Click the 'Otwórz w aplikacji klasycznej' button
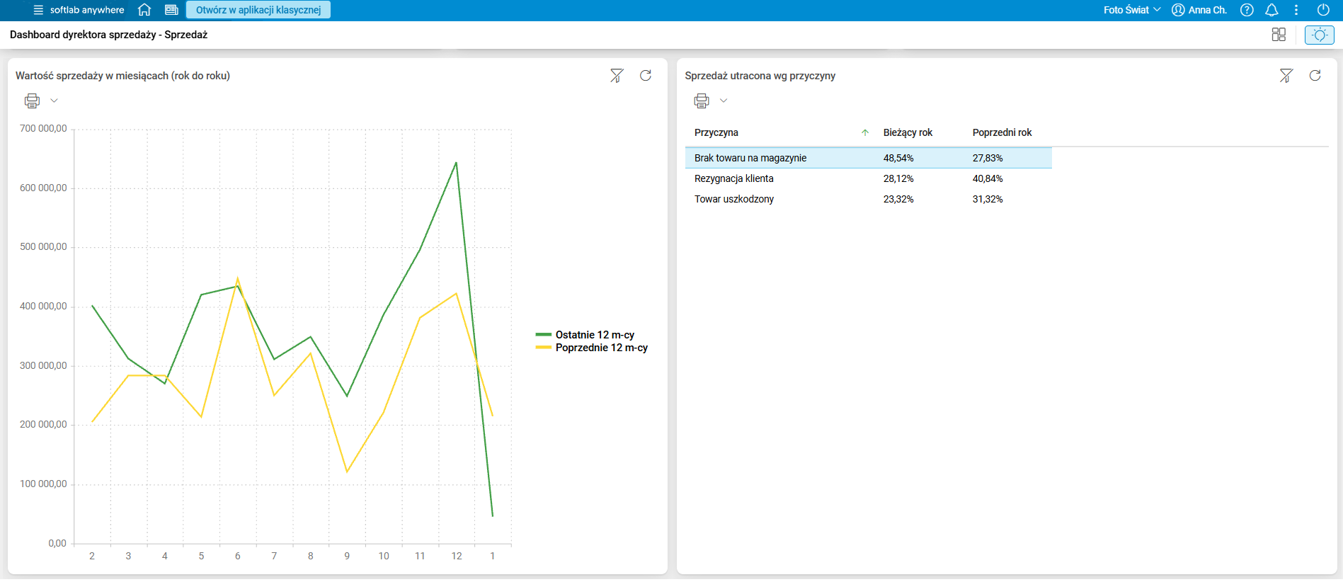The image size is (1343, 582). [x=258, y=10]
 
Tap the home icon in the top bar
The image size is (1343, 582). [x=144, y=10]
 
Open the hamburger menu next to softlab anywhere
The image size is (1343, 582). [x=38, y=10]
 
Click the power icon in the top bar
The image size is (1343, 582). [x=1322, y=10]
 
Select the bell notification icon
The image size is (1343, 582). [x=1271, y=10]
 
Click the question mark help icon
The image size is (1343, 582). [x=1247, y=10]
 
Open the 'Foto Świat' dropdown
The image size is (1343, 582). [x=1132, y=10]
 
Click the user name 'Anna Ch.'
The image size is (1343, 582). [x=1207, y=10]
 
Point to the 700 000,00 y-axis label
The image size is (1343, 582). [x=43, y=129]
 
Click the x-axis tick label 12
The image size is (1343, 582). [x=457, y=556]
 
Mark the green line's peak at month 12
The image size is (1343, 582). [x=456, y=163]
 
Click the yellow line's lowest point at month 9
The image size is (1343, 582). [x=347, y=472]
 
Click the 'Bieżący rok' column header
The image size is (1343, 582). [x=908, y=132]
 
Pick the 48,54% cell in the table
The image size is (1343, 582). [x=898, y=158]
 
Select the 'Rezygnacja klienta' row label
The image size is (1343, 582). [x=733, y=178]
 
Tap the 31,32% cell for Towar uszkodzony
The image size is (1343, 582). [x=988, y=199]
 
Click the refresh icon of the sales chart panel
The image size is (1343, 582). [x=646, y=76]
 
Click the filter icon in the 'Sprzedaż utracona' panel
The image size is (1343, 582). [x=1286, y=76]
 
